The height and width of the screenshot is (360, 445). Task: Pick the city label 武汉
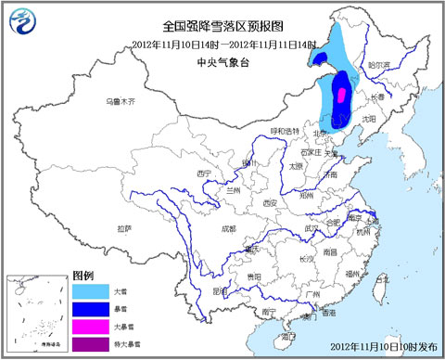(299, 228)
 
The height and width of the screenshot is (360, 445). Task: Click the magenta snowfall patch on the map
(339, 94)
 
